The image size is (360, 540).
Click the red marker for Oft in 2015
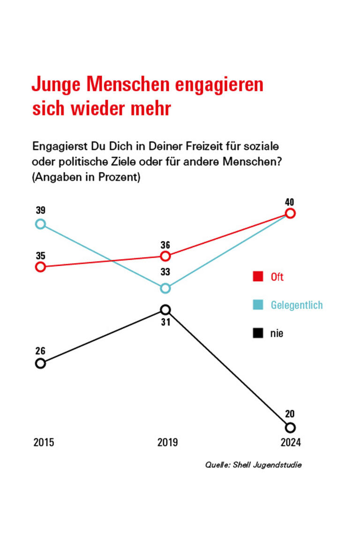pos(40,267)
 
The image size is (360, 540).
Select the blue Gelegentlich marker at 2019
pos(165,288)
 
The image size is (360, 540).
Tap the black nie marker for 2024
pos(290,427)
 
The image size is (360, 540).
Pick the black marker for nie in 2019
pos(165,309)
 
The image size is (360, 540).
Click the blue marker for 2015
pos(40,224)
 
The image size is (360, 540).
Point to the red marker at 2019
pos(165,256)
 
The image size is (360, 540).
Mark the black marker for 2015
pos(40,363)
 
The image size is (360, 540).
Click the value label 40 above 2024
pos(291,202)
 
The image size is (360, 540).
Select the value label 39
pos(40,210)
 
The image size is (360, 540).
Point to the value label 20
pos(290,414)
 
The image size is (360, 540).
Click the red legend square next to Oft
pos(257,277)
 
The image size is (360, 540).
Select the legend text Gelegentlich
pos(297,305)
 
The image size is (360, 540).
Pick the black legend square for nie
pos(257,333)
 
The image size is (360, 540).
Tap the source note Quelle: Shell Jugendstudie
pos(253,465)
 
